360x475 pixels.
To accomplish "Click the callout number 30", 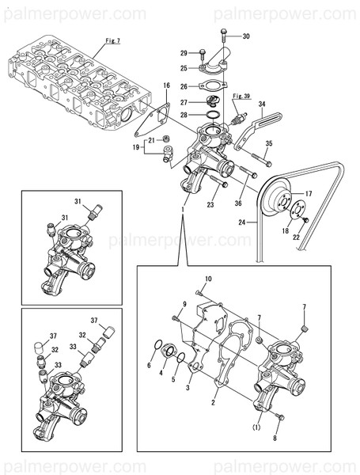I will (245, 36).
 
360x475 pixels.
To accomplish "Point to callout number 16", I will (166, 85).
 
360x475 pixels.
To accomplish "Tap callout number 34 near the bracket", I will (262, 104).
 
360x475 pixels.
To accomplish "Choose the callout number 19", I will (135, 146).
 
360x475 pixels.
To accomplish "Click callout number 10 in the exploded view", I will (208, 279).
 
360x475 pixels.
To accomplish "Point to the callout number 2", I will (213, 403).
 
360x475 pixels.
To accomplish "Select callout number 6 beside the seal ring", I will (149, 365).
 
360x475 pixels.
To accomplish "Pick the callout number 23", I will (210, 205).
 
